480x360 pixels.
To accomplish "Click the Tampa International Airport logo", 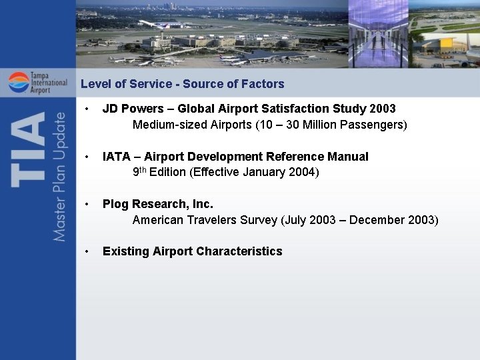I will pos(37,83).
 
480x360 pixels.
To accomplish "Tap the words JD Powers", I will pos(130,109).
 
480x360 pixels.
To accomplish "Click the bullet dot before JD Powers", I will pos(87,109).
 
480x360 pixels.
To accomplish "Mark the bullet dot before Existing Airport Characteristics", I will pos(87,251).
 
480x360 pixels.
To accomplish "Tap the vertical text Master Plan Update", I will pos(60,177).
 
